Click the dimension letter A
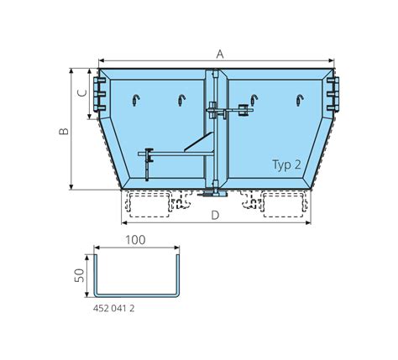coord(220,54)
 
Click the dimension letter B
coord(64,131)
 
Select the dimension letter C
coord(82,93)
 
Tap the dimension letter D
coord(215,216)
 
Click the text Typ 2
coord(286,164)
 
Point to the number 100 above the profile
coord(135,240)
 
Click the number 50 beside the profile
coord(81,275)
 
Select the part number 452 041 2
coord(113,308)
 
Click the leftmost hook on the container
coord(136,100)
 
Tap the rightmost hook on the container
coord(300,100)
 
